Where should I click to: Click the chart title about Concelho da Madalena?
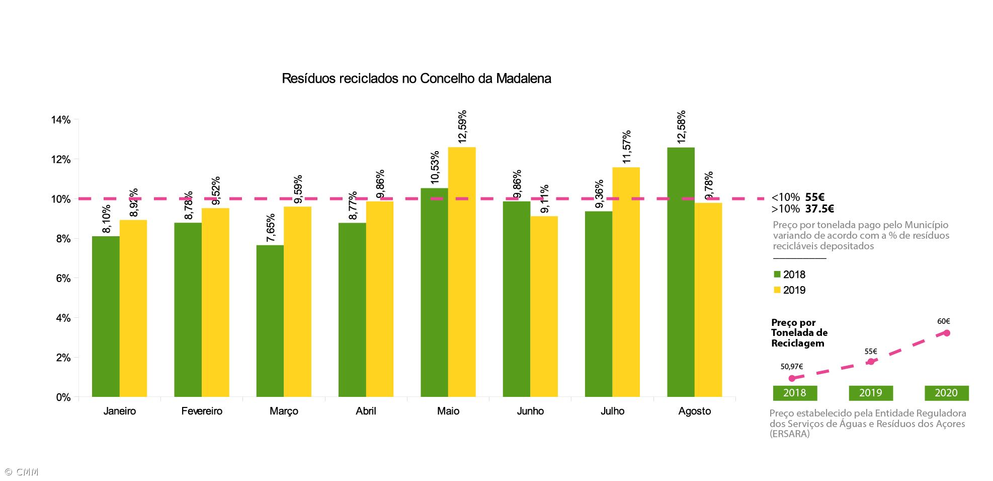point(416,79)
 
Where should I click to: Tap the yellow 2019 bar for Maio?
point(462,272)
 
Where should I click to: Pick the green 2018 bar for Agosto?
point(681,272)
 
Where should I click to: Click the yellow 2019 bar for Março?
point(297,302)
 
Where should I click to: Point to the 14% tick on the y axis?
point(61,120)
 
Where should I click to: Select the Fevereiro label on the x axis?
point(202,411)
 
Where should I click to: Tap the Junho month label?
point(530,411)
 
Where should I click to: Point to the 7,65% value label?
point(271,228)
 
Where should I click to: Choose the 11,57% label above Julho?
point(627,147)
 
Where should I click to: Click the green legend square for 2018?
point(777,274)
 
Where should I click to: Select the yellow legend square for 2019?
point(777,290)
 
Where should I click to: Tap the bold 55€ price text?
point(815,197)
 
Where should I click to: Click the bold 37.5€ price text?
point(819,209)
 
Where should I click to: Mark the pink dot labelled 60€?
point(946,333)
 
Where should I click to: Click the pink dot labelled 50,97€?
point(792,378)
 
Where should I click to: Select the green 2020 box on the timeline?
point(946,393)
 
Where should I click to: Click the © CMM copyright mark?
point(21,472)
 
